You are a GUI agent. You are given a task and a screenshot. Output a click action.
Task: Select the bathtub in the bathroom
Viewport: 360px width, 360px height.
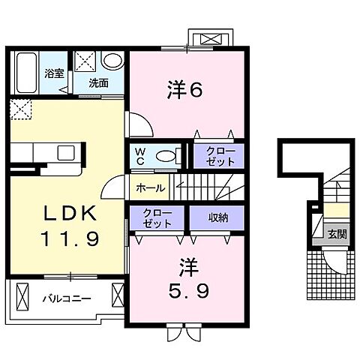coord(26,71)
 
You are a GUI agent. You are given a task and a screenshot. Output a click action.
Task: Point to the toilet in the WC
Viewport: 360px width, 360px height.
coord(169,156)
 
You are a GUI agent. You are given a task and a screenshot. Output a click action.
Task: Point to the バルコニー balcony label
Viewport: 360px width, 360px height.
coord(66,298)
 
